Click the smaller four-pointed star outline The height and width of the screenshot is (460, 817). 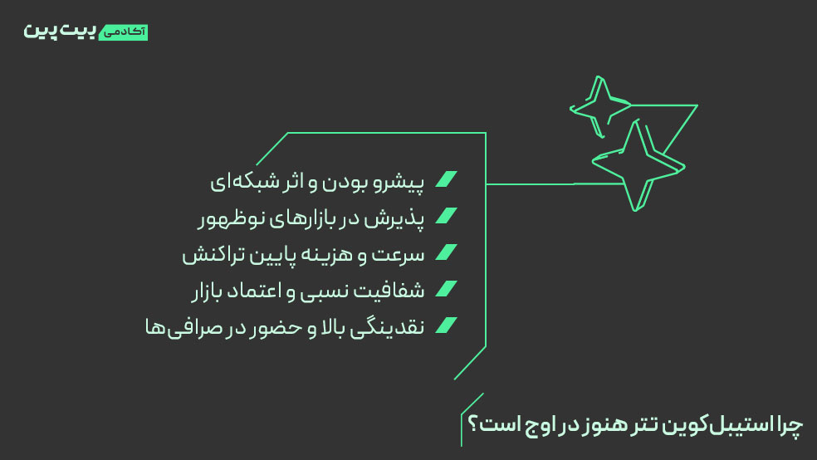click(x=598, y=107)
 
